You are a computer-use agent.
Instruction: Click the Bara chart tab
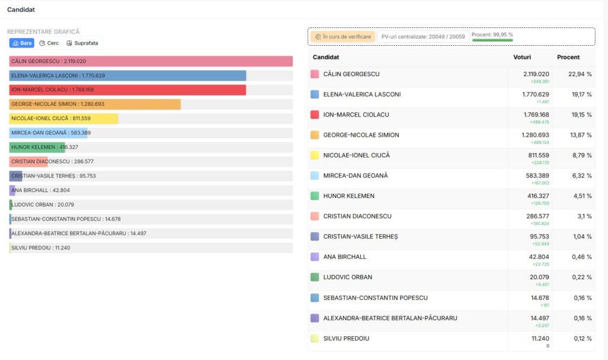point(22,43)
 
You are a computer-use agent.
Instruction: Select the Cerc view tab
point(49,43)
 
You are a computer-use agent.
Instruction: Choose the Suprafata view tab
point(82,43)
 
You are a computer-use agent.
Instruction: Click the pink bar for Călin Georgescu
point(178,61)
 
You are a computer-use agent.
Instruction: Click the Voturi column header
point(522,57)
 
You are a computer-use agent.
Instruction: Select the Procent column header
point(568,57)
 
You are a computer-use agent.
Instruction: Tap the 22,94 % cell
point(580,74)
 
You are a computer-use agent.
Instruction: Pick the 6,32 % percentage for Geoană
point(581,176)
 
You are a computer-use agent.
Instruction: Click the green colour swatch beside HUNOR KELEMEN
point(315,196)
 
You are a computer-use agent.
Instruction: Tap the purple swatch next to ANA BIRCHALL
point(315,257)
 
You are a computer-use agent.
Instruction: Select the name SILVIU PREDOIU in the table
point(346,339)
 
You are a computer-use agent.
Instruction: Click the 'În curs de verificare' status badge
point(343,37)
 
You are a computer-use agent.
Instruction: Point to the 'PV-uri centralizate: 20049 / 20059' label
point(423,37)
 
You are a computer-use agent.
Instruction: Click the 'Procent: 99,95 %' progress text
point(492,34)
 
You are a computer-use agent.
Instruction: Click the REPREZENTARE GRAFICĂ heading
point(43,31)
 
